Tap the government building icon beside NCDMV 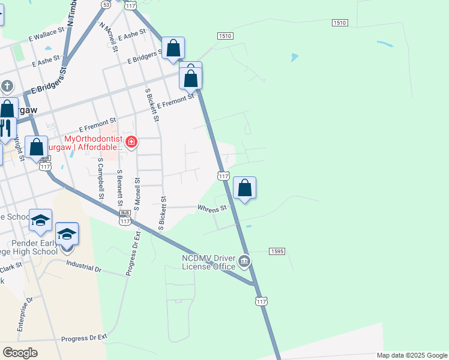(x=244, y=261)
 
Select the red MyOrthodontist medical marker (x=131, y=142)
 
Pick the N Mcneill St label (x=109, y=38)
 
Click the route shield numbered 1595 (x=276, y=251)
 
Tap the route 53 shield (x=106, y=4)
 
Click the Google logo (x=20, y=353)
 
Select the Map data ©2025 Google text (x=412, y=355)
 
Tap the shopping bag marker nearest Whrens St (x=244, y=188)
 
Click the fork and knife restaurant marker (x=5, y=128)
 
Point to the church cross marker (x=7, y=86)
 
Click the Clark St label (x=11, y=269)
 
